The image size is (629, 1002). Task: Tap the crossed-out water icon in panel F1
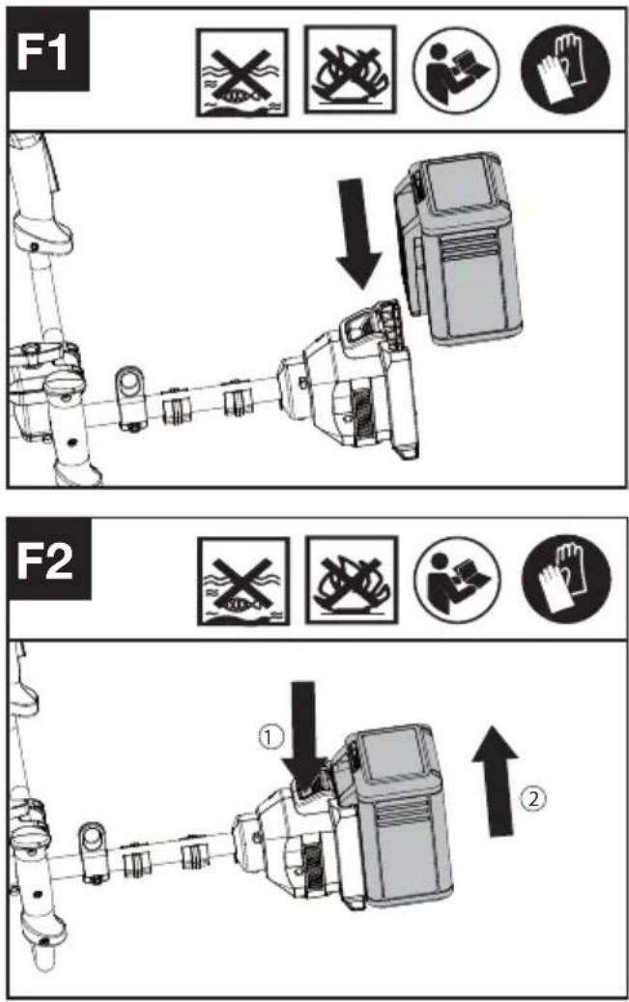click(x=242, y=73)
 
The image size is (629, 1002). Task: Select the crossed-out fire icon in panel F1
click(x=350, y=69)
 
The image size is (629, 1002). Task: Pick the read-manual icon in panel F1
click(x=456, y=71)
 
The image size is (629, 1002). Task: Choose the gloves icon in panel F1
click(x=565, y=70)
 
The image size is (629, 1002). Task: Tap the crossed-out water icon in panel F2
click(x=243, y=581)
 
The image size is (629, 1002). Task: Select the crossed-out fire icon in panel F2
click(x=352, y=580)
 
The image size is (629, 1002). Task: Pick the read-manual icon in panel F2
click(x=458, y=579)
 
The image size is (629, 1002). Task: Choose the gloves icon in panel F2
click(x=567, y=579)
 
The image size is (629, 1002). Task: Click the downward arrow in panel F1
click(x=358, y=233)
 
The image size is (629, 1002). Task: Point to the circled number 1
click(x=271, y=737)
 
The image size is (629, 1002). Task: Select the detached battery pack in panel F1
click(x=458, y=248)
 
